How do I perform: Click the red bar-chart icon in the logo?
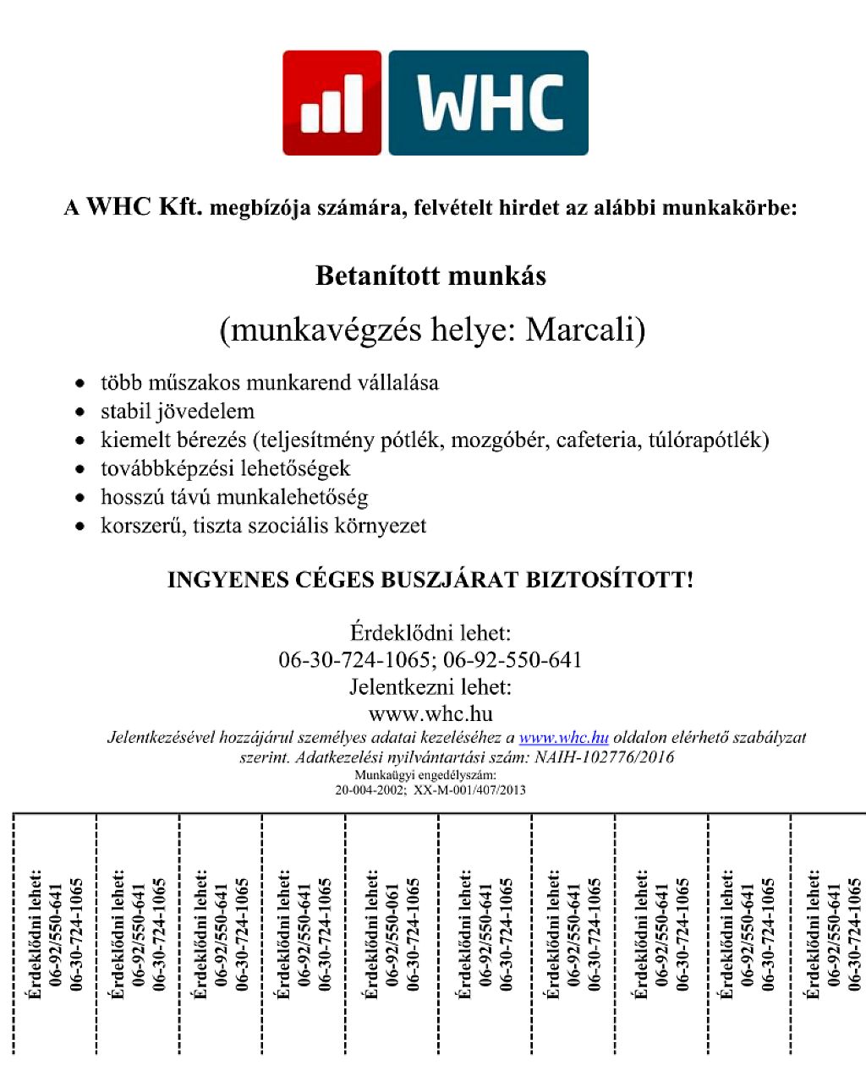coord(332,103)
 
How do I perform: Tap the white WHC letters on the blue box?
coord(490,103)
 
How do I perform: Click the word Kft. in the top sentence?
coord(180,207)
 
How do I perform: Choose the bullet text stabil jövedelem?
coord(178,412)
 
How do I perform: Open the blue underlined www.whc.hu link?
coord(563,737)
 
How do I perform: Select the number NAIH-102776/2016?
coord(604,757)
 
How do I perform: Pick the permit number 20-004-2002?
coord(370,790)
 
